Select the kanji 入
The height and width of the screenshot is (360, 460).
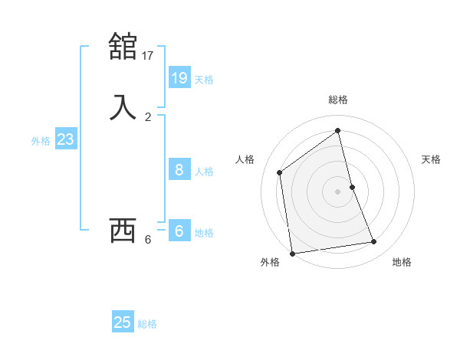coord(123,106)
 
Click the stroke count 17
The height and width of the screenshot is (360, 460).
coord(148,55)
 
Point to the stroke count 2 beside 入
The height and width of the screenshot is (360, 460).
coord(148,116)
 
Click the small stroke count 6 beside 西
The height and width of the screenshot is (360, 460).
coord(148,240)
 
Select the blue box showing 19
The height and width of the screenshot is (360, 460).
coord(179,77)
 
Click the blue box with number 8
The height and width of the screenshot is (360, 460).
coord(179,169)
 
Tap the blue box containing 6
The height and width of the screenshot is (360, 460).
coord(179,231)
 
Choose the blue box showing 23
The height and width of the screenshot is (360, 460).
coord(65,139)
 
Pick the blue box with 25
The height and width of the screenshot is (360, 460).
coord(123,322)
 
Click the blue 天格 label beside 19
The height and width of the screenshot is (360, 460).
coord(204,79)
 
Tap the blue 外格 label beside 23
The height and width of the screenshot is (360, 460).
coord(41,141)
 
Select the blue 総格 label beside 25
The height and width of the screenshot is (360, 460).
coord(147,324)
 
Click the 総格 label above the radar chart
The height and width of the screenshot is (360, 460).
coord(338,100)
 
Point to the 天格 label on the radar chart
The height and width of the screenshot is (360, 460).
coord(431,159)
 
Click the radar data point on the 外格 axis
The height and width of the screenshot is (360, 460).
coord(291,253)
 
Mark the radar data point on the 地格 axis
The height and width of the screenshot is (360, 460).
coord(374,242)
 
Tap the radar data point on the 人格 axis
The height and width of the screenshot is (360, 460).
coord(280,172)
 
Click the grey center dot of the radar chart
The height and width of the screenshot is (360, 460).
coord(338,191)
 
